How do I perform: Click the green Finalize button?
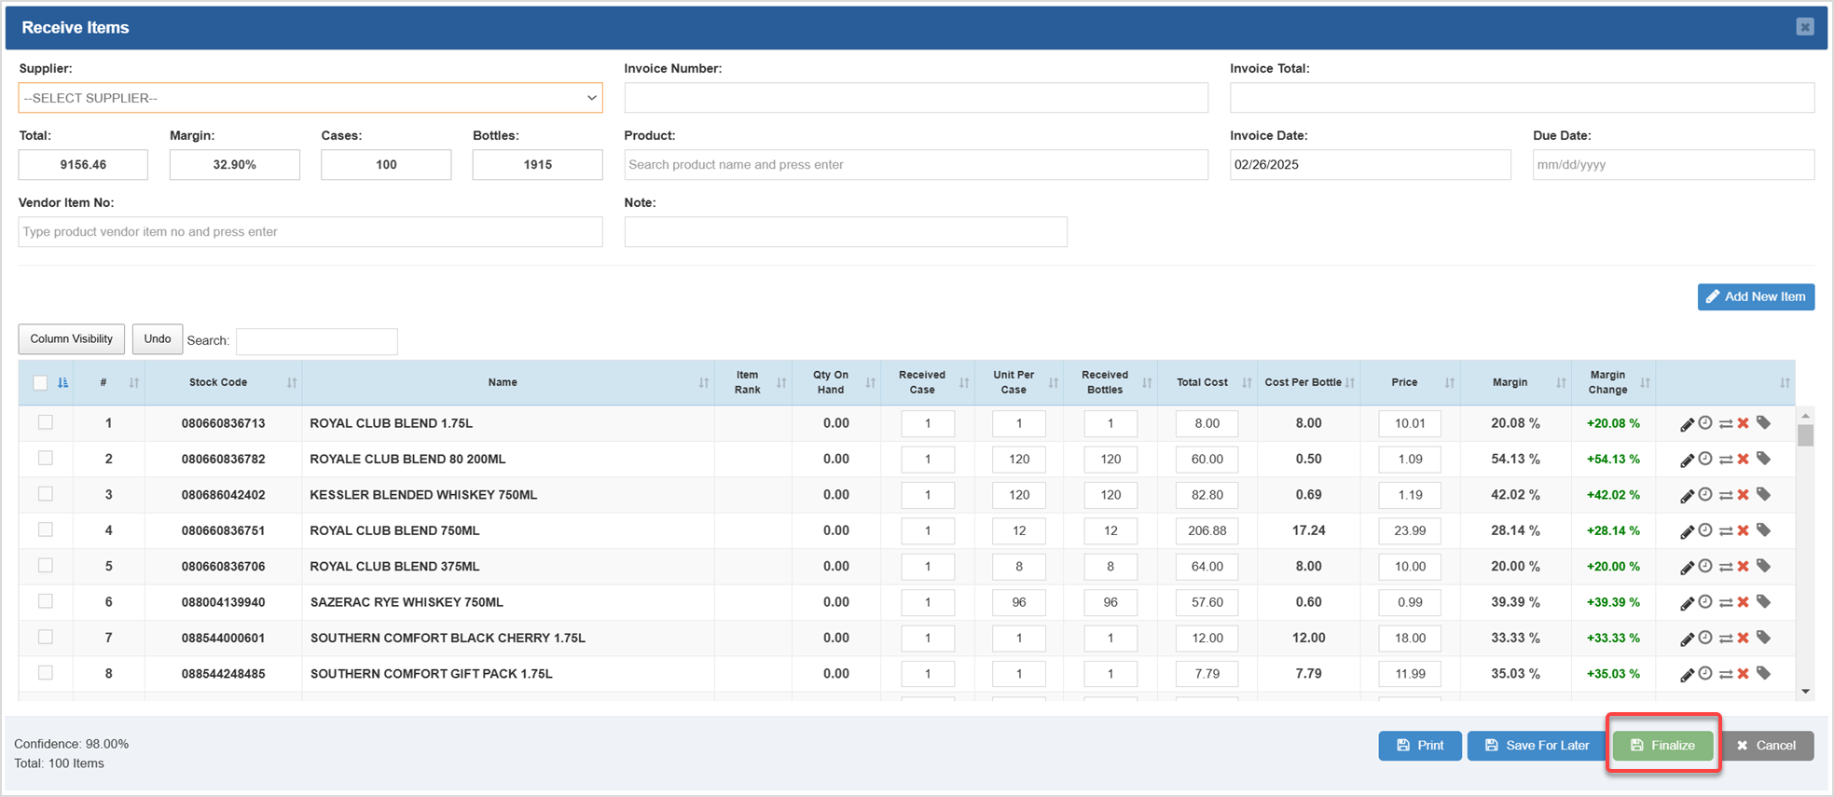click(1662, 745)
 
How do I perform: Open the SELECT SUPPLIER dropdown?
click(310, 98)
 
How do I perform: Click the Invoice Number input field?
click(916, 98)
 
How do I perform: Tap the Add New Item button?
click(1755, 296)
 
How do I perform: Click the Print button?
click(1419, 745)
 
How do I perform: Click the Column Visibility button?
click(71, 339)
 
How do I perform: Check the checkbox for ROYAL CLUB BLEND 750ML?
click(45, 529)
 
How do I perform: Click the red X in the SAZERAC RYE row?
click(1743, 602)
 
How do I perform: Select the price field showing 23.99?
click(1409, 530)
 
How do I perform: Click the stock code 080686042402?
click(223, 495)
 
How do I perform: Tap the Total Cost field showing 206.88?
click(1207, 530)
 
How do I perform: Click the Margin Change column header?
click(1607, 382)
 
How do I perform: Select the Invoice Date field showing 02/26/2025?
click(1369, 165)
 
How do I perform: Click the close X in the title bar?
click(1804, 27)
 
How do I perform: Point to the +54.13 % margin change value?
click(1612, 460)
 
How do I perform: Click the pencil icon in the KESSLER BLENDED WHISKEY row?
click(1686, 496)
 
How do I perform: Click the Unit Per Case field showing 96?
click(1018, 602)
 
